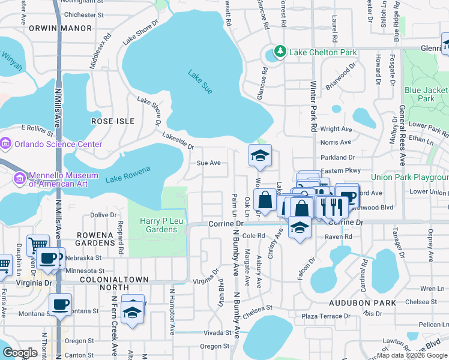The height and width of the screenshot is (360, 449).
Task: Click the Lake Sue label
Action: [200, 82]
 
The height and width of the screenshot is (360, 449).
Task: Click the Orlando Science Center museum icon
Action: [6, 144]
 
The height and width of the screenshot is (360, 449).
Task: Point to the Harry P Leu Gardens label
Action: [158, 225]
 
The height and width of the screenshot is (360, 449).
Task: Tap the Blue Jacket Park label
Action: [426, 94]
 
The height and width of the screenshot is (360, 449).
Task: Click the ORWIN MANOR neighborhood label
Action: [68, 28]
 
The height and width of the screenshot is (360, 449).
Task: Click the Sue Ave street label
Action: [209, 163]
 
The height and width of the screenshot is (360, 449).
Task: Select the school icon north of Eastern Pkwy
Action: [261, 156]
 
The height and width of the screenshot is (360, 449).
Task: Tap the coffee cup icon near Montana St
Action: [59, 304]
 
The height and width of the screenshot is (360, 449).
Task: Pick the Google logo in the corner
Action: [20, 353]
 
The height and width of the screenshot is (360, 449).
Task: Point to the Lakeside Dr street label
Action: [178, 142]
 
